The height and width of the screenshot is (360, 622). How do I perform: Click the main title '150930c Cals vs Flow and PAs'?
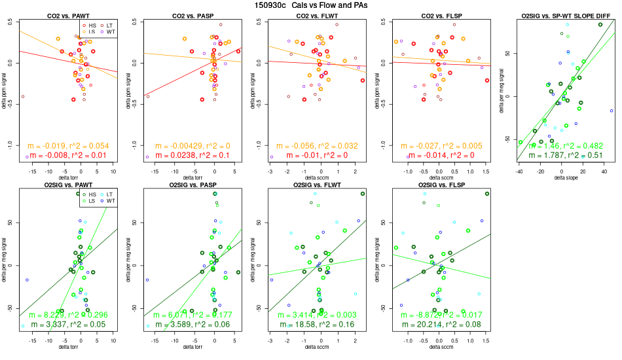pyautogui.click(x=311, y=5)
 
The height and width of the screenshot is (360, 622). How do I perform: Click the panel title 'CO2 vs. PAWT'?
pyautogui.click(x=68, y=15)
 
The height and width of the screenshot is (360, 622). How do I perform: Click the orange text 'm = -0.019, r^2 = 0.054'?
pyautogui.click(x=68, y=145)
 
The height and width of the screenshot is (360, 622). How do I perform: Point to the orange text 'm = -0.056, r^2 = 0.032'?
pyautogui.click(x=314, y=145)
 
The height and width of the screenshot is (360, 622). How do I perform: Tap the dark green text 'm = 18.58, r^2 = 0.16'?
pyautogui.click(x=314, y=325)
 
